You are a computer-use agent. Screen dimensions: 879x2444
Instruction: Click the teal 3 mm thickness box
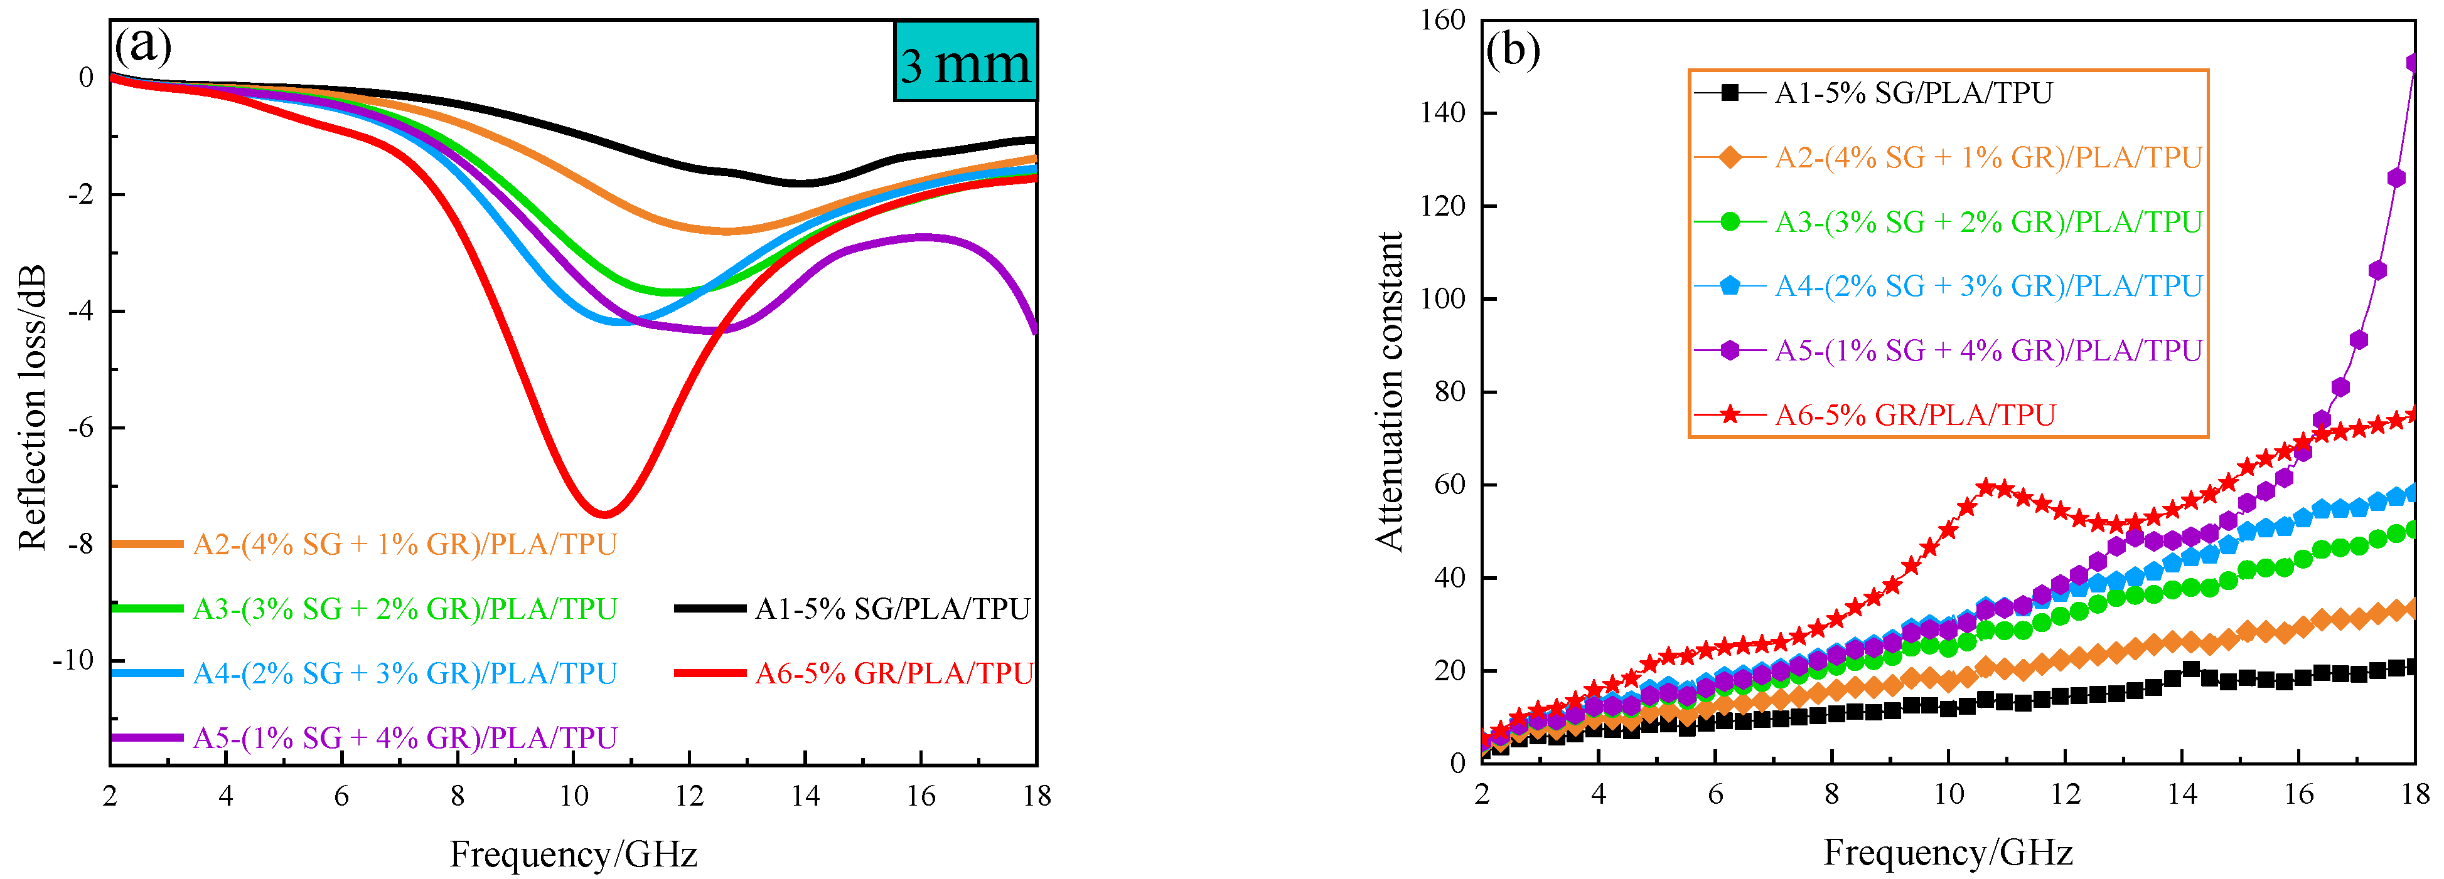coord(965,61)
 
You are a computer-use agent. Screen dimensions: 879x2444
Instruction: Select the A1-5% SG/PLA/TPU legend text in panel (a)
coord(892,609)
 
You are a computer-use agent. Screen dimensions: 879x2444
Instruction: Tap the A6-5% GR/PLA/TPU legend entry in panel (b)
coord(1915,415)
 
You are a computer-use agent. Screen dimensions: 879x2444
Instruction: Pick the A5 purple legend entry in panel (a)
coord(405,738)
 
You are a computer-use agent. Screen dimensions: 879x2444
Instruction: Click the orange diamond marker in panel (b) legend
coord(1730,157)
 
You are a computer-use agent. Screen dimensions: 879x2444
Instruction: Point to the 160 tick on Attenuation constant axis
coord(1442,20)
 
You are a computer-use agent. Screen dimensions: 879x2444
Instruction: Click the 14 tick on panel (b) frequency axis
coord(2182,794)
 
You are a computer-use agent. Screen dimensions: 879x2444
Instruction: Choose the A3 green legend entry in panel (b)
coord(1988,222)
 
